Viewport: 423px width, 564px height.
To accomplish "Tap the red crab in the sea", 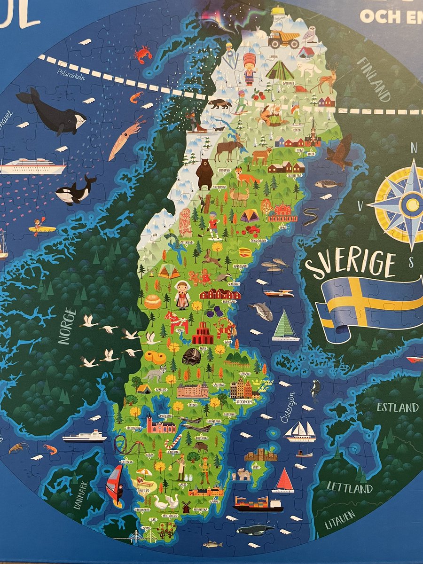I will coord(142,55).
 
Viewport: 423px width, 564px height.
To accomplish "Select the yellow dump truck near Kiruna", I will coord(284,39).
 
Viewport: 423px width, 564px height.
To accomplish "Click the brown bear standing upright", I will coord(204,173).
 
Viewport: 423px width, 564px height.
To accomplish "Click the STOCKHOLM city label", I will coord(244,402).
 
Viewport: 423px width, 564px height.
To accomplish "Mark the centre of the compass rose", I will coord(412,204).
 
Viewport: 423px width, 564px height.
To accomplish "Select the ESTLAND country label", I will coord(397,407).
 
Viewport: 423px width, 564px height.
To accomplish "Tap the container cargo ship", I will coord(258,504).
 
